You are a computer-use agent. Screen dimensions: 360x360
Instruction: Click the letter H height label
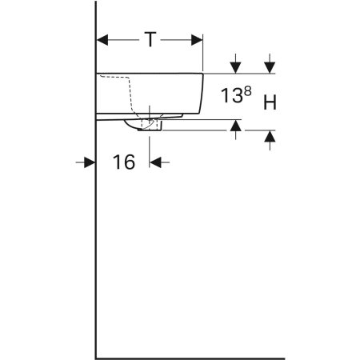pyautogui.click(x=270, y=102)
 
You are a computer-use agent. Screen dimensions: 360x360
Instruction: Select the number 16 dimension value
pyautogui.click(x=123, y=162)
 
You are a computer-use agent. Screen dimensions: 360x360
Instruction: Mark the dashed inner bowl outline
pyautogui.click(x=129, y=92)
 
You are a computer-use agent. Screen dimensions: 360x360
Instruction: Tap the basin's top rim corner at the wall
pyautogui.click(x=97, y=74)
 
